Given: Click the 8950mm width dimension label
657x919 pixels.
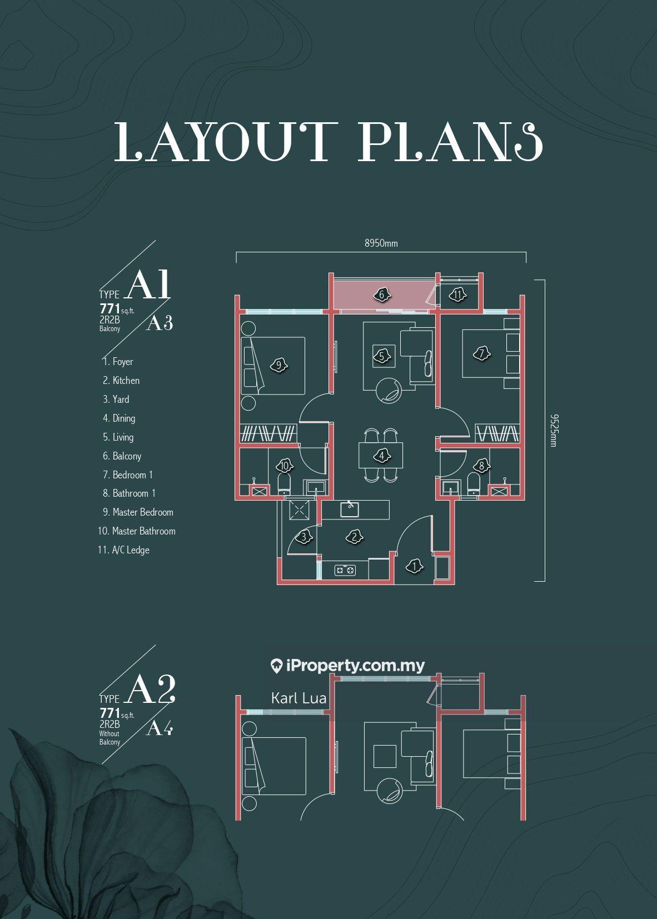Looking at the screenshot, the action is coord(381,243).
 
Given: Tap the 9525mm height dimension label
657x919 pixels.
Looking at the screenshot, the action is coord(553,431).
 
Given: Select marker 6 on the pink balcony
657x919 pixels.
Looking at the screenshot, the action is coord(382,294).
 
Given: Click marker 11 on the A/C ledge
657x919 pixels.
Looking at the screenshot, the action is coord(457,294).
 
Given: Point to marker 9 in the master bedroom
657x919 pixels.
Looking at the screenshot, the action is coord(279,364).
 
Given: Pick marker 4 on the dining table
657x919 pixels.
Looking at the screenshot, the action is coord(382,456).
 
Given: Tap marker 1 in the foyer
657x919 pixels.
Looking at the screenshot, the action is coord(415,567).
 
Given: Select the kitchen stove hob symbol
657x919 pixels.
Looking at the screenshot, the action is coord(345,570).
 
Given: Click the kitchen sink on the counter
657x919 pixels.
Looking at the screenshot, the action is coord(350,510).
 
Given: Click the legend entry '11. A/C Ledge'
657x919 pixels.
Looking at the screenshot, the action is coord(123,550).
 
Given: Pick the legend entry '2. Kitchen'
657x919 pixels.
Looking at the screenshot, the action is coord(121,381).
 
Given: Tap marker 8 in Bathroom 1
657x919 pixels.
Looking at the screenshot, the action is coord(482,466).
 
